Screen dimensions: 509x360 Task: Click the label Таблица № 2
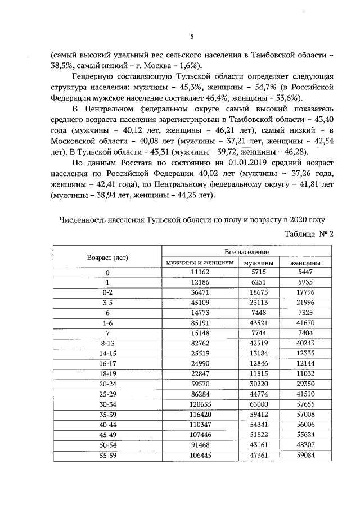pos(309,235)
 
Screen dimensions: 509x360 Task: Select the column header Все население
pos(247,253)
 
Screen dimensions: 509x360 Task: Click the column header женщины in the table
pos(305,263)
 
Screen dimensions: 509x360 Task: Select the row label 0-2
pos(107,293)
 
